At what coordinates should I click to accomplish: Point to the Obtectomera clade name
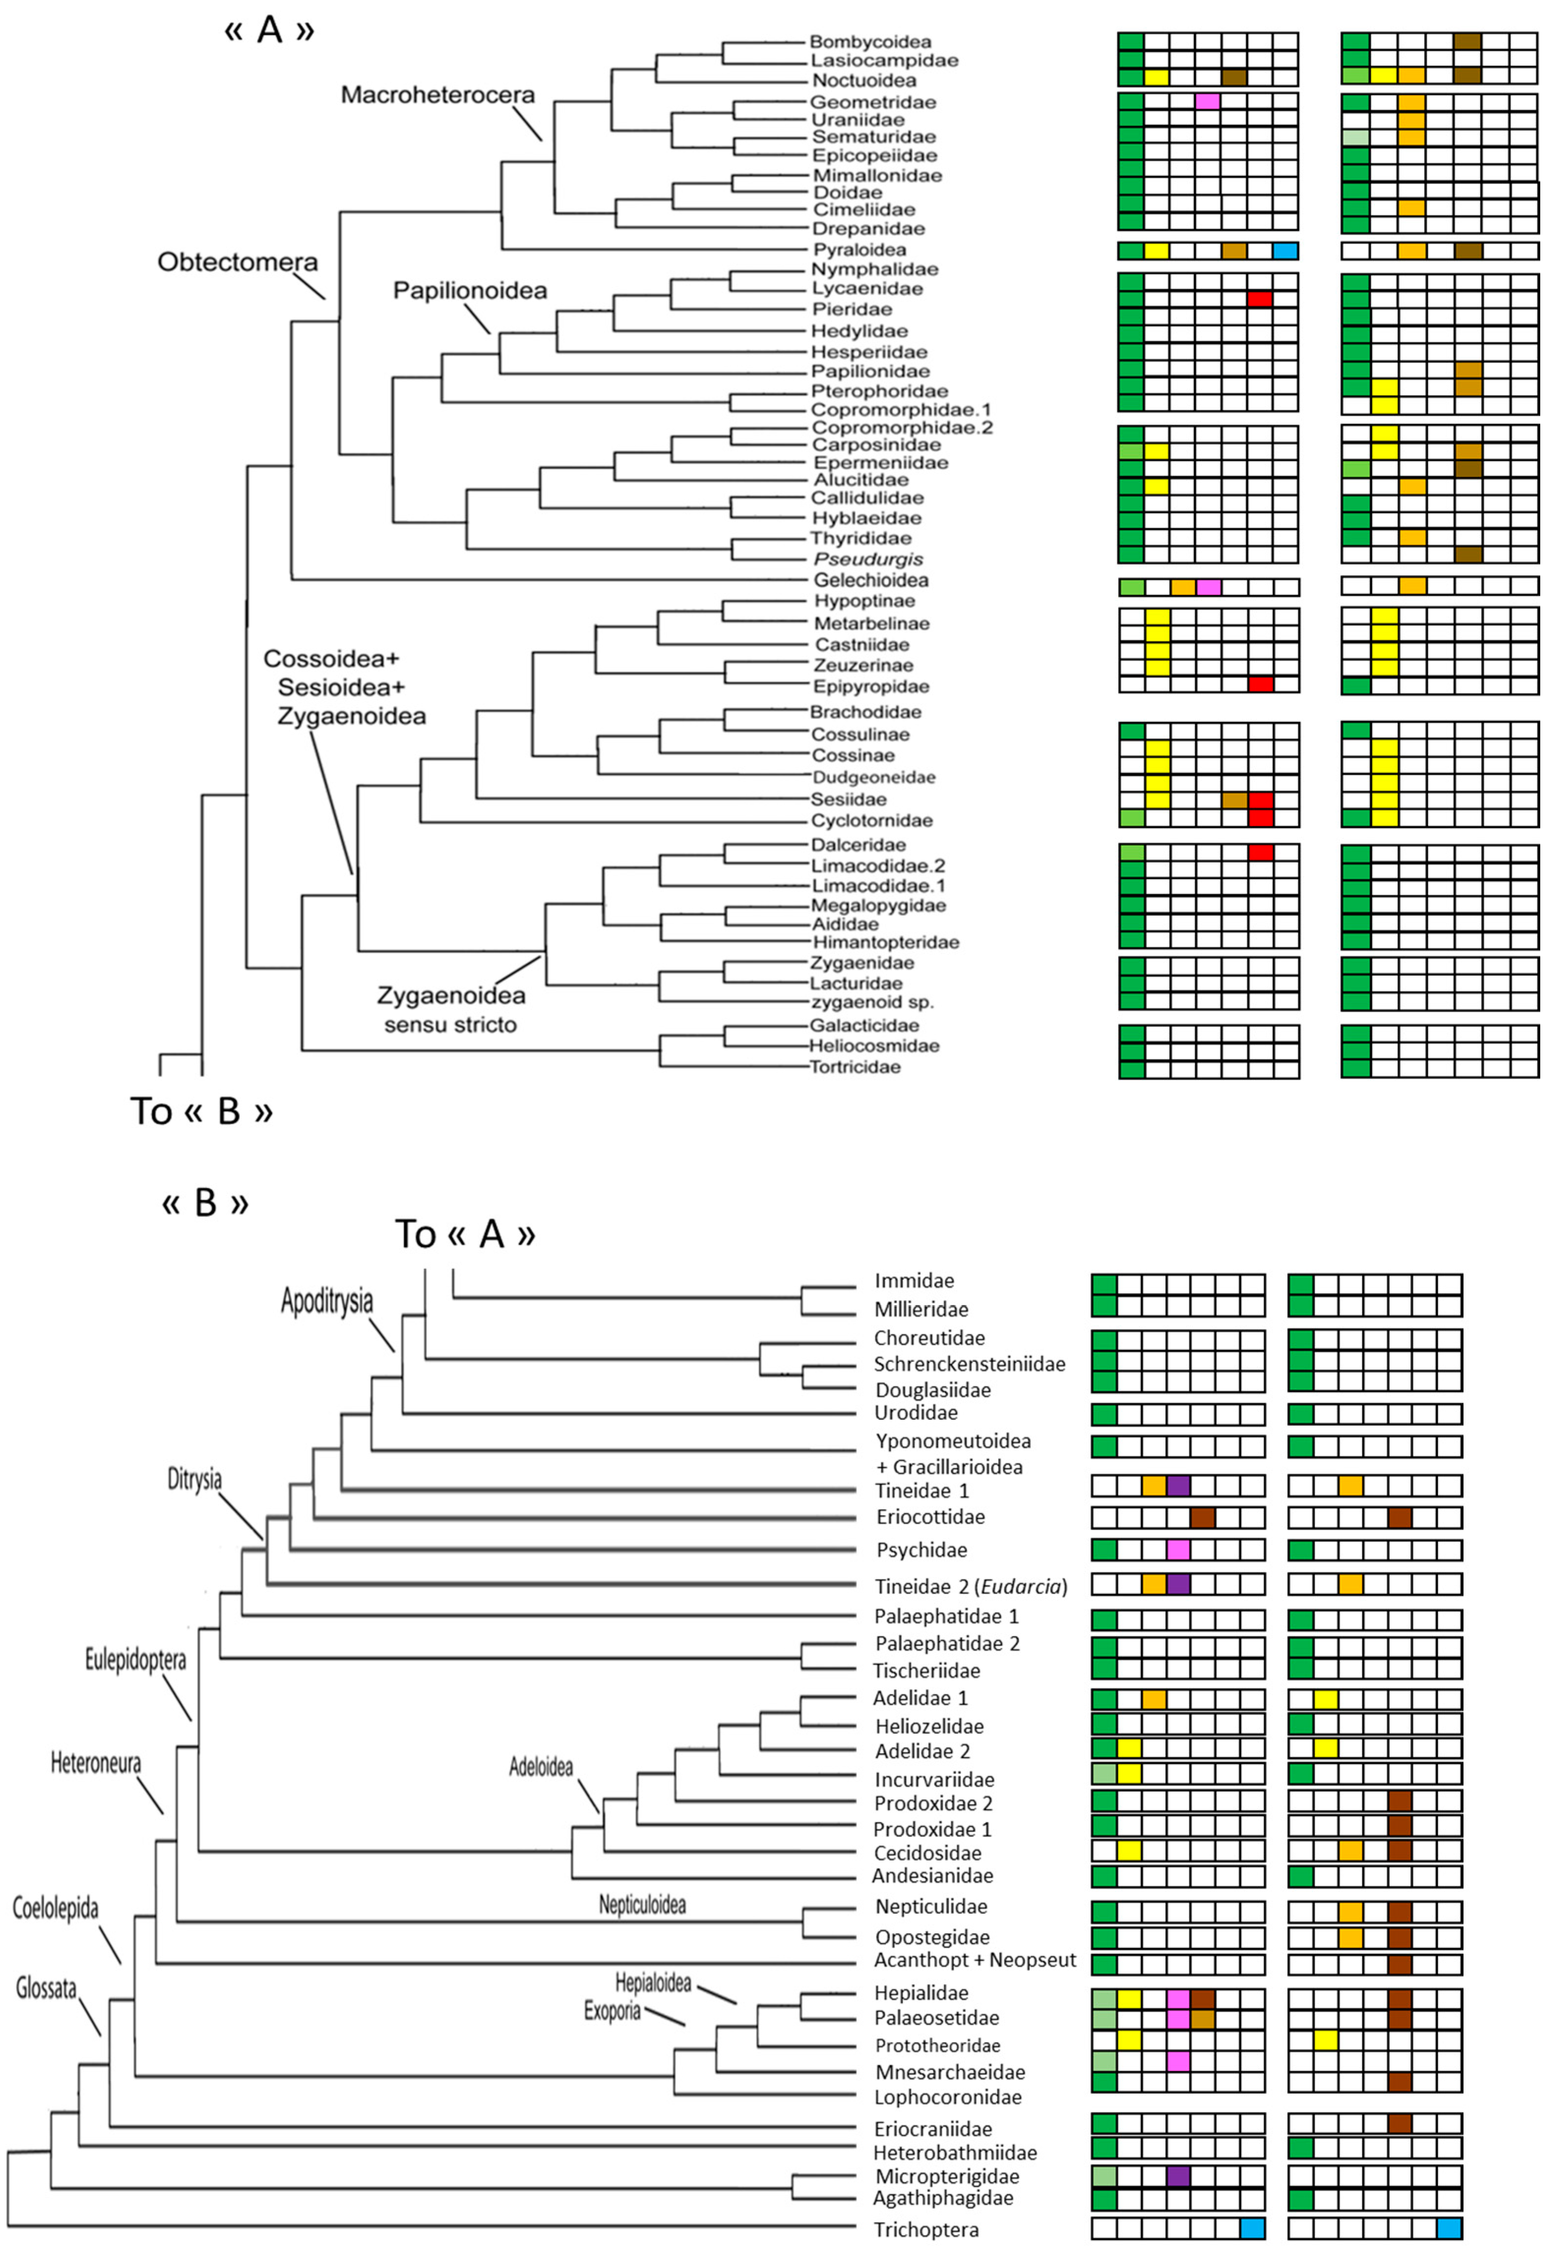[x=238, y=262]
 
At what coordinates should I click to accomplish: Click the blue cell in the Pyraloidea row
[x=1285, y=251]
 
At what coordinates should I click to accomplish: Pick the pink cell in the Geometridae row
[x=1208, y=101]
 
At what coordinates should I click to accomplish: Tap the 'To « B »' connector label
[x=202, y=1111]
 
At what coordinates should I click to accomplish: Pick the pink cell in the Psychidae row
[x=1177, y=1549]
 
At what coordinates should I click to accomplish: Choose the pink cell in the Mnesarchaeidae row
[x=1177, y=2060]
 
